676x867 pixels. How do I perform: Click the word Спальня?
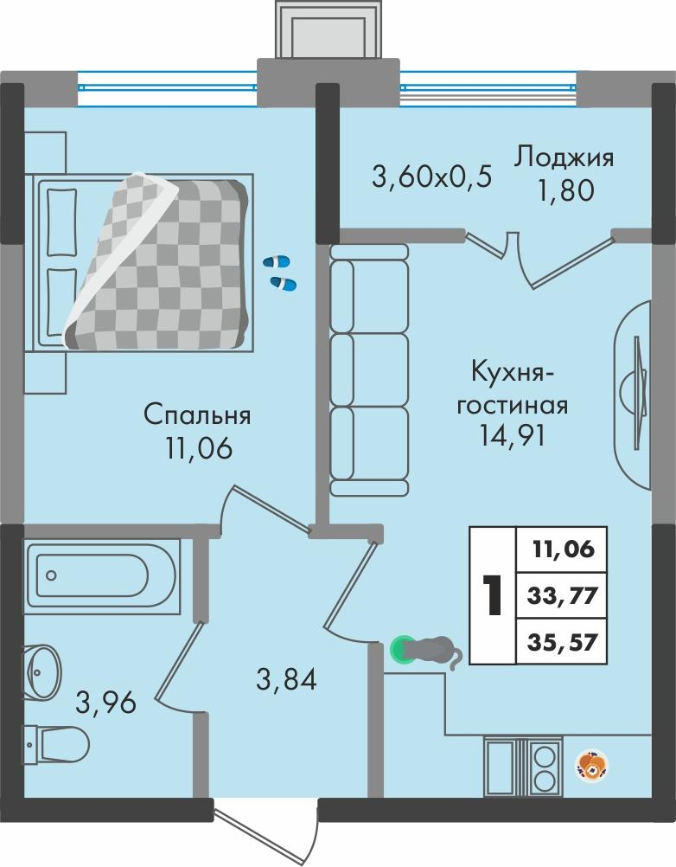pos(197,416)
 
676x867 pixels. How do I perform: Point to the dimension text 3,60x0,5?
pos(431,177)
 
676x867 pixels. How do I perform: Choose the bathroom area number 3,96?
pos(106,701)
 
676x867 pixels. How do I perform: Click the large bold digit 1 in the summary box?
pos(492,594)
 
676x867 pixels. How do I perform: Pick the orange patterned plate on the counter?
pos(593,764)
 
